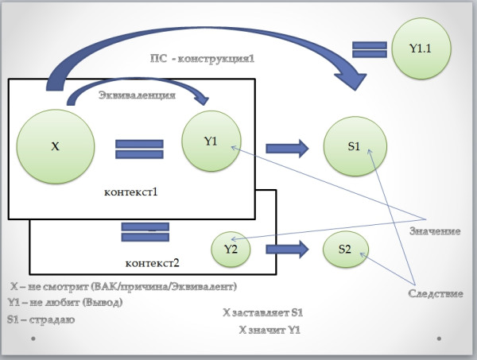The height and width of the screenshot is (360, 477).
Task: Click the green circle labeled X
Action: pos(56,146)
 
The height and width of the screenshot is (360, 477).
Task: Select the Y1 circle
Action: pos(211,141)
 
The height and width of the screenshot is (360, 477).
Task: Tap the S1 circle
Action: pos(355,146)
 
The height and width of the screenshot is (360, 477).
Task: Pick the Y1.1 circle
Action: pos(421,48)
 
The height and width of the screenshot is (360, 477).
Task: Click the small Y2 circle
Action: pos(231,249)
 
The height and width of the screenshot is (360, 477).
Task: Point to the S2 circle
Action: pos(345,250)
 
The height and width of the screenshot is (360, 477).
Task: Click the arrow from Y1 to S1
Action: pos(287,149)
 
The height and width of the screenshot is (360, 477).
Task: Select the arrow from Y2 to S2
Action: pos(287,250)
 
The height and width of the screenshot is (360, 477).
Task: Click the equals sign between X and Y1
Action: pos(139,149)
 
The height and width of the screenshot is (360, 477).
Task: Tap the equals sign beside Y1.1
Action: pos(370,49)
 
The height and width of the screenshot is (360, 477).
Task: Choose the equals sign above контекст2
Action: pos(145,232)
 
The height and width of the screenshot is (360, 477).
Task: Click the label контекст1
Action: pos(131,192)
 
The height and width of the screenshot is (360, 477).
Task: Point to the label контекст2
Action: pos(152,263)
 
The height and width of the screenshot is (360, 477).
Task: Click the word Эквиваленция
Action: pos(137,95)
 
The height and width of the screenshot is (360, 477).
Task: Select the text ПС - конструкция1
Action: pos(202,58)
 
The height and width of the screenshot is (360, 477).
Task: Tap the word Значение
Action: pos(435,231)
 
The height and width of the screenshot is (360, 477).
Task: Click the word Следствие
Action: pos(436,293)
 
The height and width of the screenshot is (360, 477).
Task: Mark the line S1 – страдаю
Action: pos(41,319)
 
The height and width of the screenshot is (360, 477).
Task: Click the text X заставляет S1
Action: pos(263,312)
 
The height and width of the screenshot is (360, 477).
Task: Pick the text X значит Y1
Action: pos(270,330)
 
